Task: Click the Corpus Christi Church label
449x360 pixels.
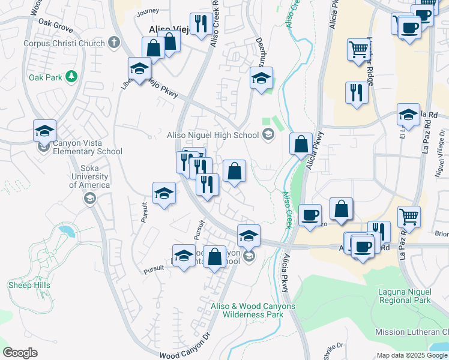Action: (64, 43)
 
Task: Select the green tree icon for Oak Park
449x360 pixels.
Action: (71, 76)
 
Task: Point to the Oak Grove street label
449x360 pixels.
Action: (55, 22)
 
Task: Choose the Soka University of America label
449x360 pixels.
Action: (88, 176)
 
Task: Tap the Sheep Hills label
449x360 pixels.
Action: (29, 286)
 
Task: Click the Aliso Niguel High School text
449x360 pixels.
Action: (212, 135)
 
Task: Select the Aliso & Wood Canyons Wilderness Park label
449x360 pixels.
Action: (253, 310)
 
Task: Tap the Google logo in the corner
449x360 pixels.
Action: (20, 353)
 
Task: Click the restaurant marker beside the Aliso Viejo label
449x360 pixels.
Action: (200, 25)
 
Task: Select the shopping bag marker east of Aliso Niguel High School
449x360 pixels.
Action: (301, 145)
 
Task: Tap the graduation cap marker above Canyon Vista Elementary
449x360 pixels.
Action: (44, 130)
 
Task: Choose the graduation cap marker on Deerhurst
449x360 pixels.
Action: (261, 78)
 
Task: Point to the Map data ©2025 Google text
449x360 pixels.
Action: (412, 355)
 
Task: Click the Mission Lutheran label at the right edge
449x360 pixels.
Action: (411, 332)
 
